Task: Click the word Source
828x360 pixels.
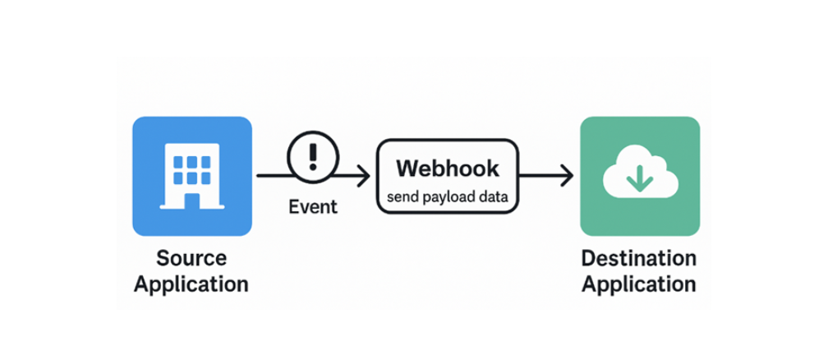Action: click(191, 258)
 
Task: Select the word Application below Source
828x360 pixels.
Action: click(191, 284)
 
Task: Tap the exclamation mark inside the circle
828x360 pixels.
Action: click(313, 154)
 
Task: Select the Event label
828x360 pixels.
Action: click(313, 206)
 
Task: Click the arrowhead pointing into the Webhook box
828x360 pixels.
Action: click(363, 175)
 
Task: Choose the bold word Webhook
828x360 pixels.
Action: click(447, 168)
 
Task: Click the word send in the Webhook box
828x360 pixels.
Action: click(402, 198)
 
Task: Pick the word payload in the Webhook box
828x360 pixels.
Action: click(448, 198)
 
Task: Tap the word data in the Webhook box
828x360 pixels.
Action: click(494, 198)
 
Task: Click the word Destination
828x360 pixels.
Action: click(639, 258)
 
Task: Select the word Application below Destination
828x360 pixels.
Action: click(639, 284)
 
